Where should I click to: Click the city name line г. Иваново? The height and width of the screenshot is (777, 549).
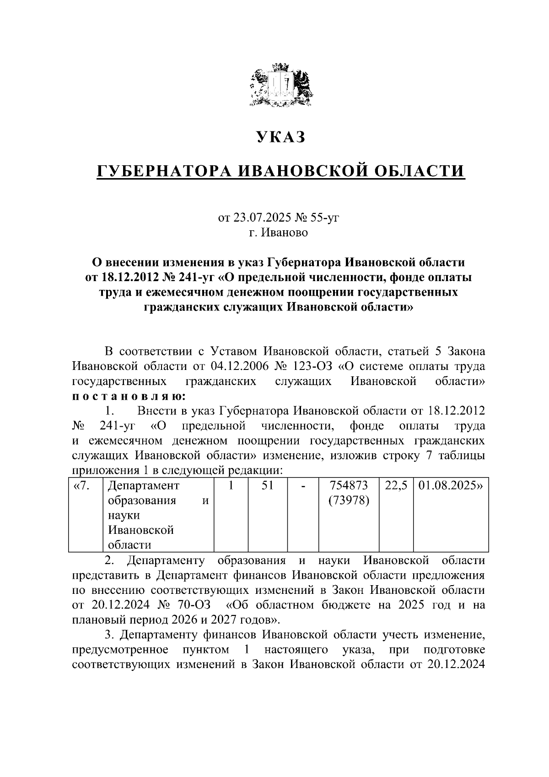pyautogui.click(x=279, y=233)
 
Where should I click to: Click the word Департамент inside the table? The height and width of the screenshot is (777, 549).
pyautogui.click(x=143, y=485)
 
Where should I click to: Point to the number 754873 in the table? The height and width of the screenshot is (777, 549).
pyautogui.click(x=349, y=485)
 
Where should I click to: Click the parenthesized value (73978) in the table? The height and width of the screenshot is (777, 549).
pyautogui.click(x=349, y=500)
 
